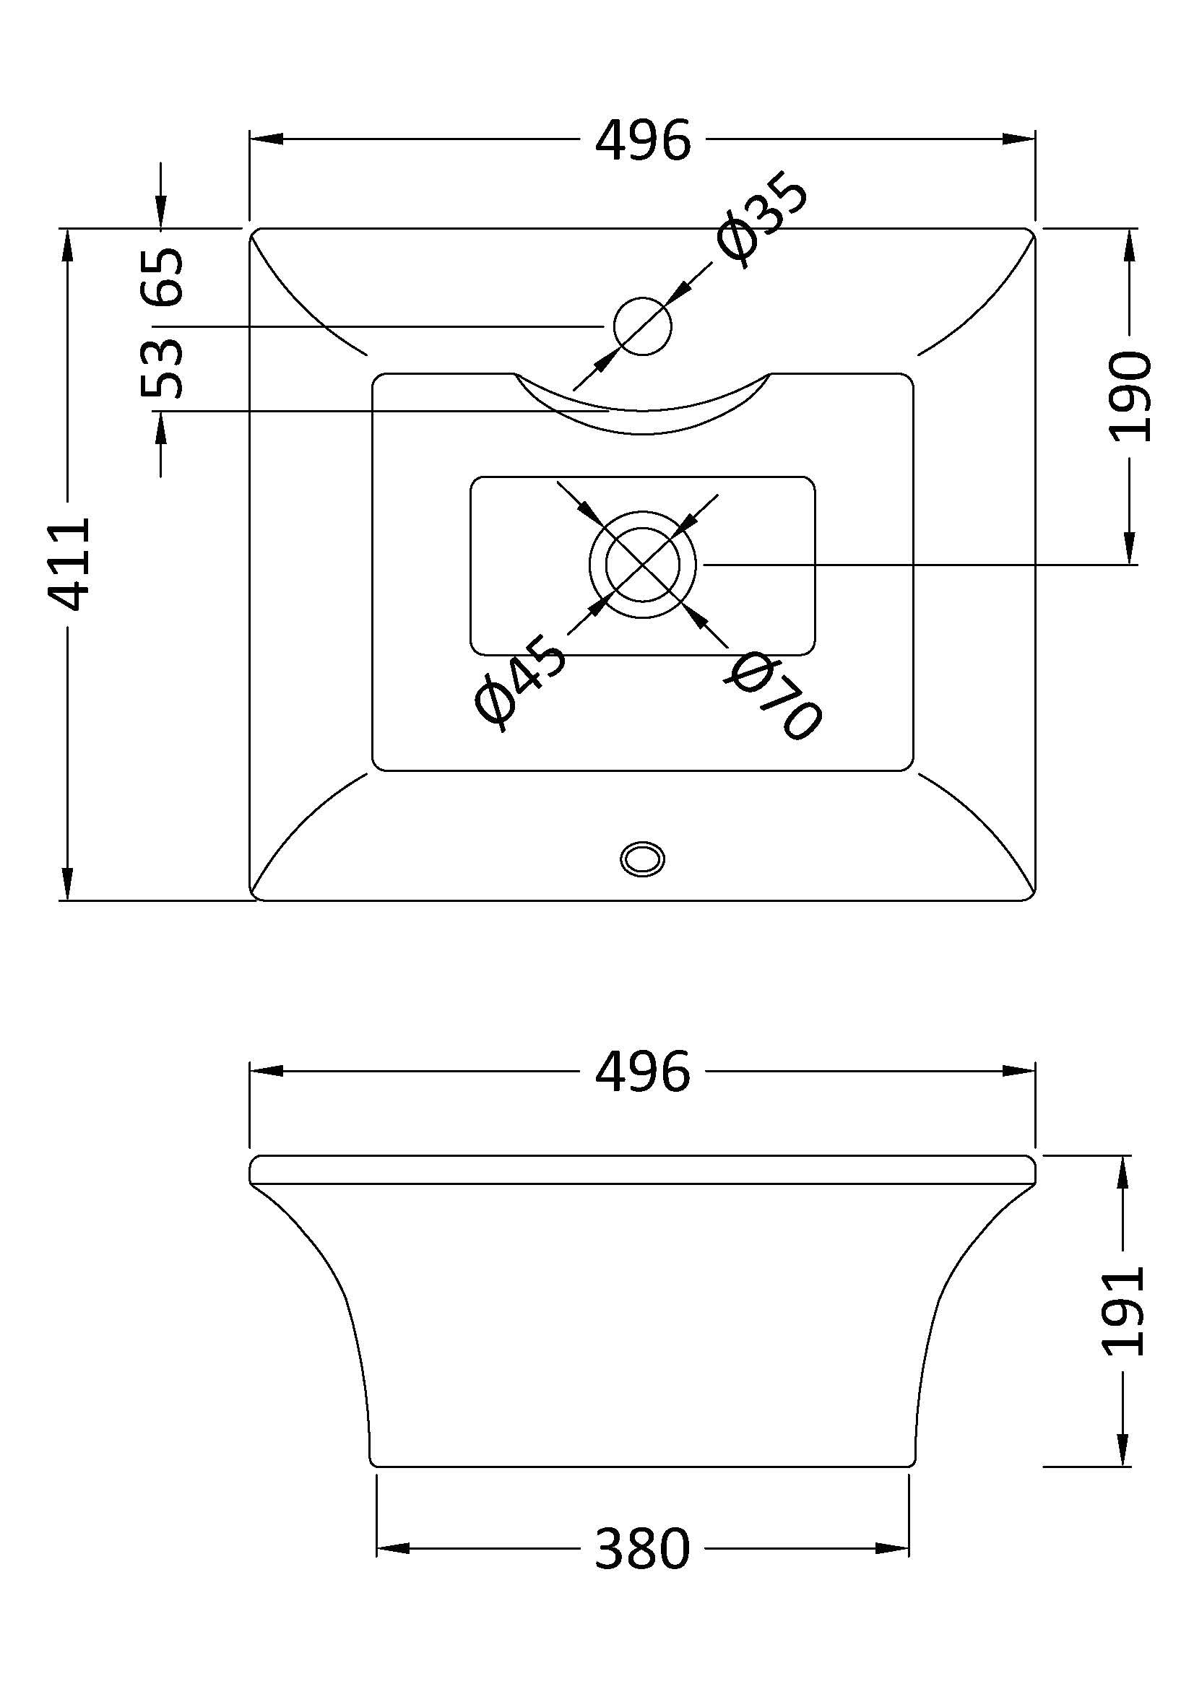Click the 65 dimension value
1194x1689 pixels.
point(163,277)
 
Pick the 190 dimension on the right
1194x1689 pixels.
point(1129,396)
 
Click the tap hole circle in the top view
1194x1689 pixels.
point(643,326)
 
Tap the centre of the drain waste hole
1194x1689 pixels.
point(643,564)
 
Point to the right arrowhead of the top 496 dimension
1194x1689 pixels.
point(1020,139)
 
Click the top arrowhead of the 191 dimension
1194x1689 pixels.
point(1123,1173)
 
